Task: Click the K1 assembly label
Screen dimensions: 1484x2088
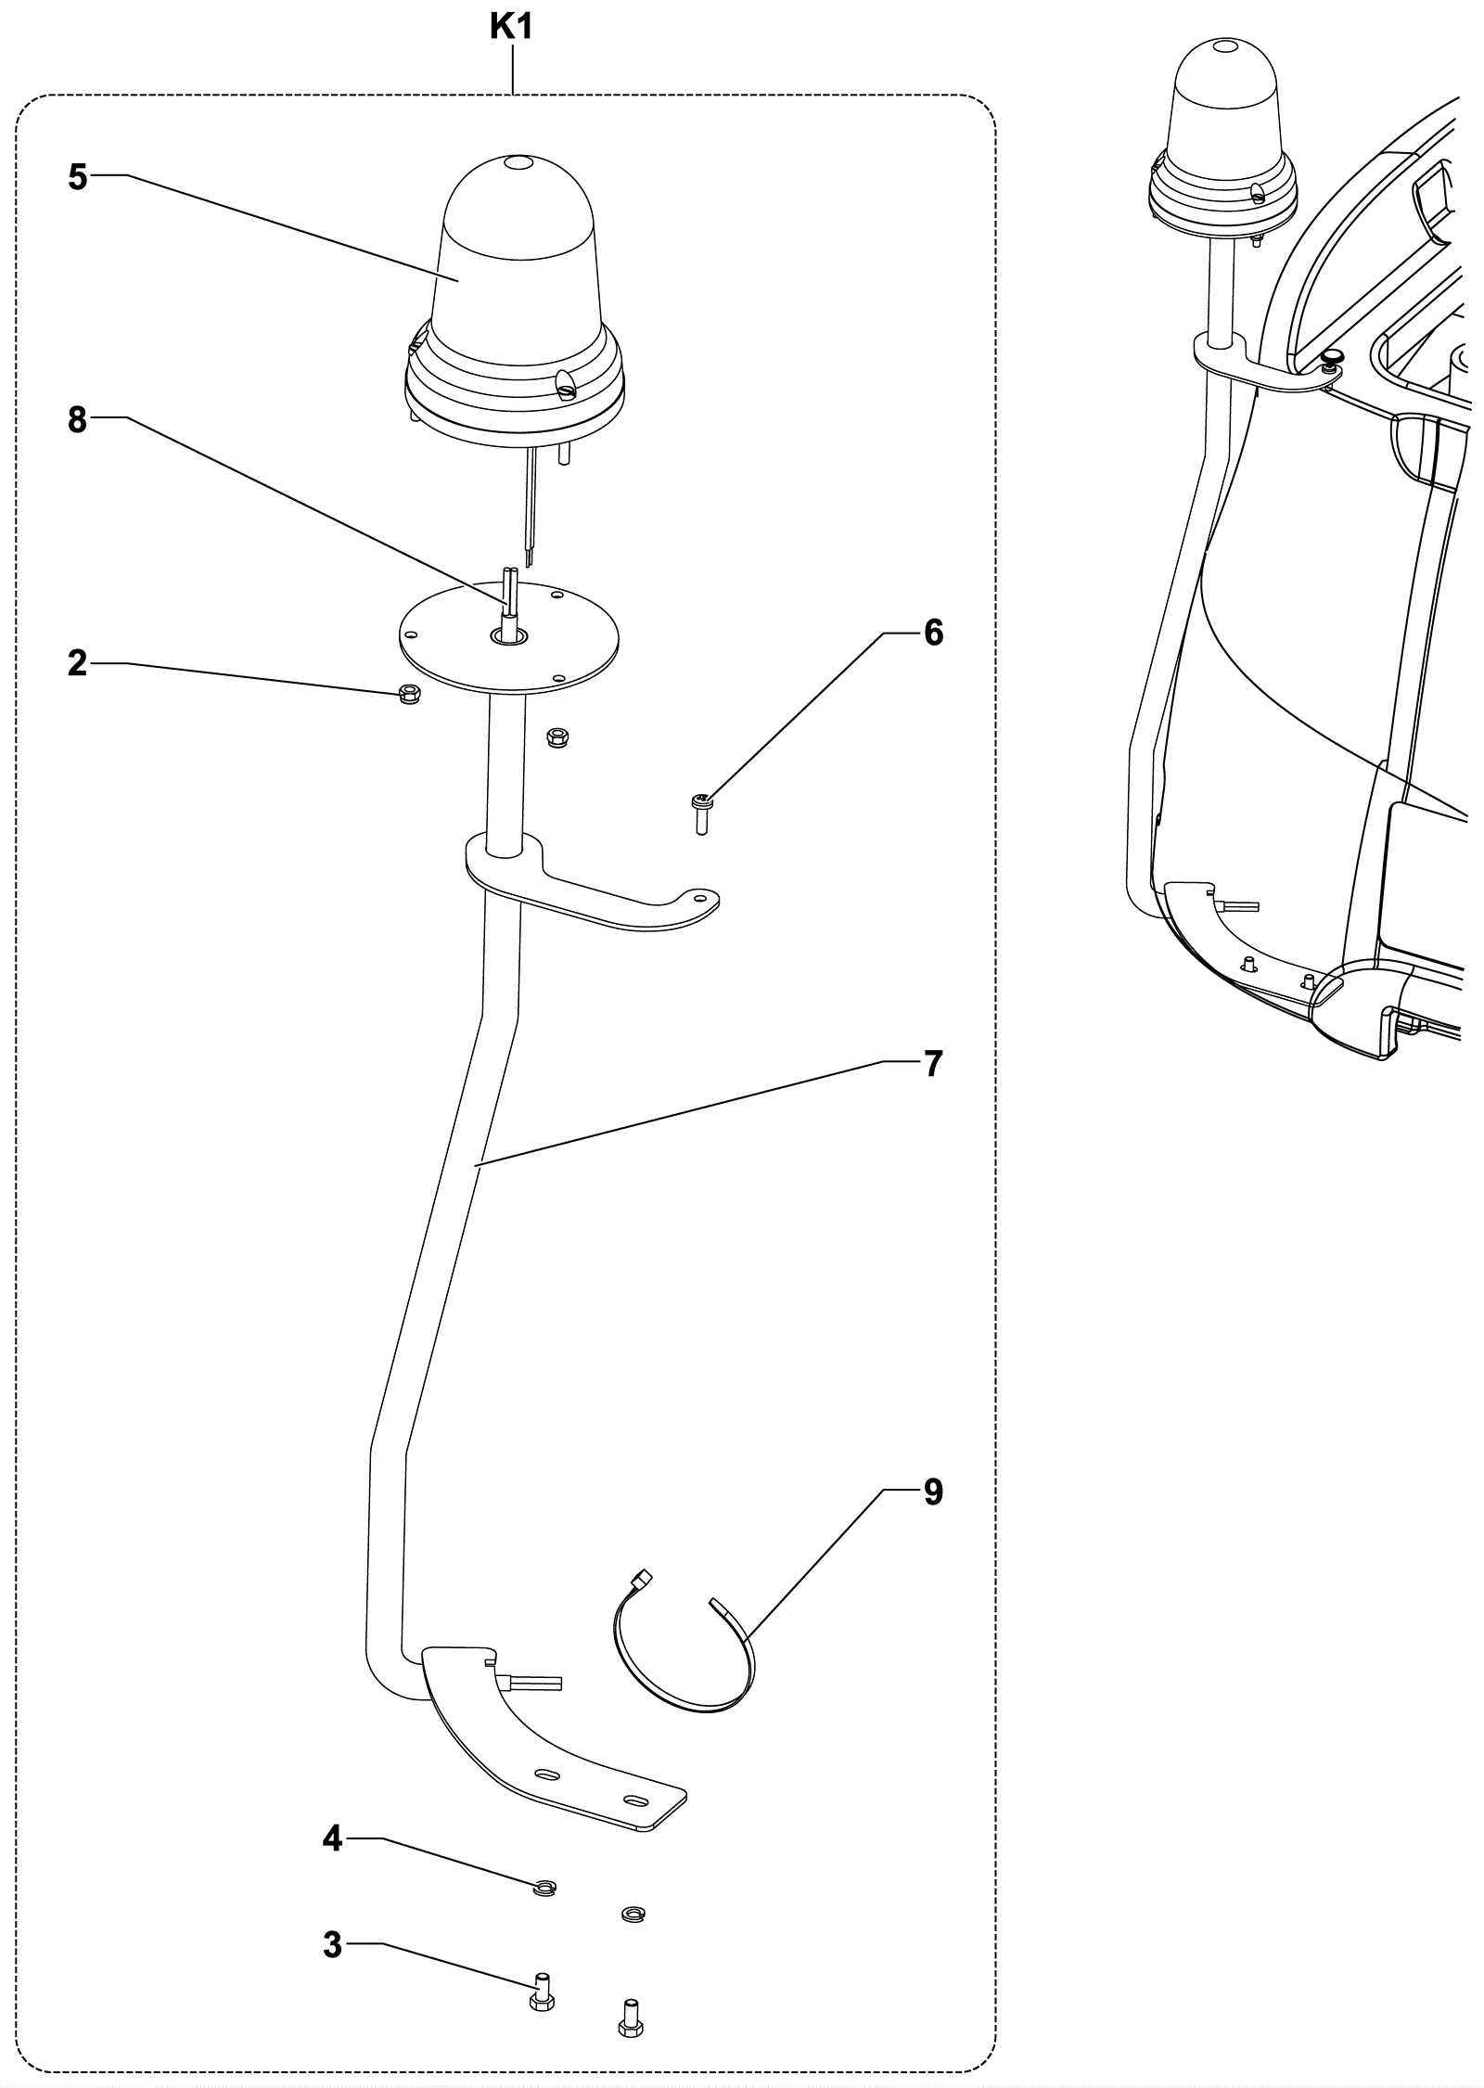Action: (x=511, y=29)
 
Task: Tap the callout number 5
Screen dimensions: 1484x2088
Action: (x=78, y=177)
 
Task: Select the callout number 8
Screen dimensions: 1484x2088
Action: (x=78, y=420)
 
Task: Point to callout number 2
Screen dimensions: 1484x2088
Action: (x=78, y=663)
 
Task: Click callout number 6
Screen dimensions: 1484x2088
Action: (x=933, y=633)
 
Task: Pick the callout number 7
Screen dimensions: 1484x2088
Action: (x=933, y=1064)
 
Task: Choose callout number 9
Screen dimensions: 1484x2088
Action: (x=933, y=1492)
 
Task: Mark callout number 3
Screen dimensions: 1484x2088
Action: (x=333, y=1945)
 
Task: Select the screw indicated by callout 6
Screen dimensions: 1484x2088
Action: (x=702, y=813)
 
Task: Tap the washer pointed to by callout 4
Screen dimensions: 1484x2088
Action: (x=545, y=1889)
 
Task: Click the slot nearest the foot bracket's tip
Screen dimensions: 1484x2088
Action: (x=637, y=1801)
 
